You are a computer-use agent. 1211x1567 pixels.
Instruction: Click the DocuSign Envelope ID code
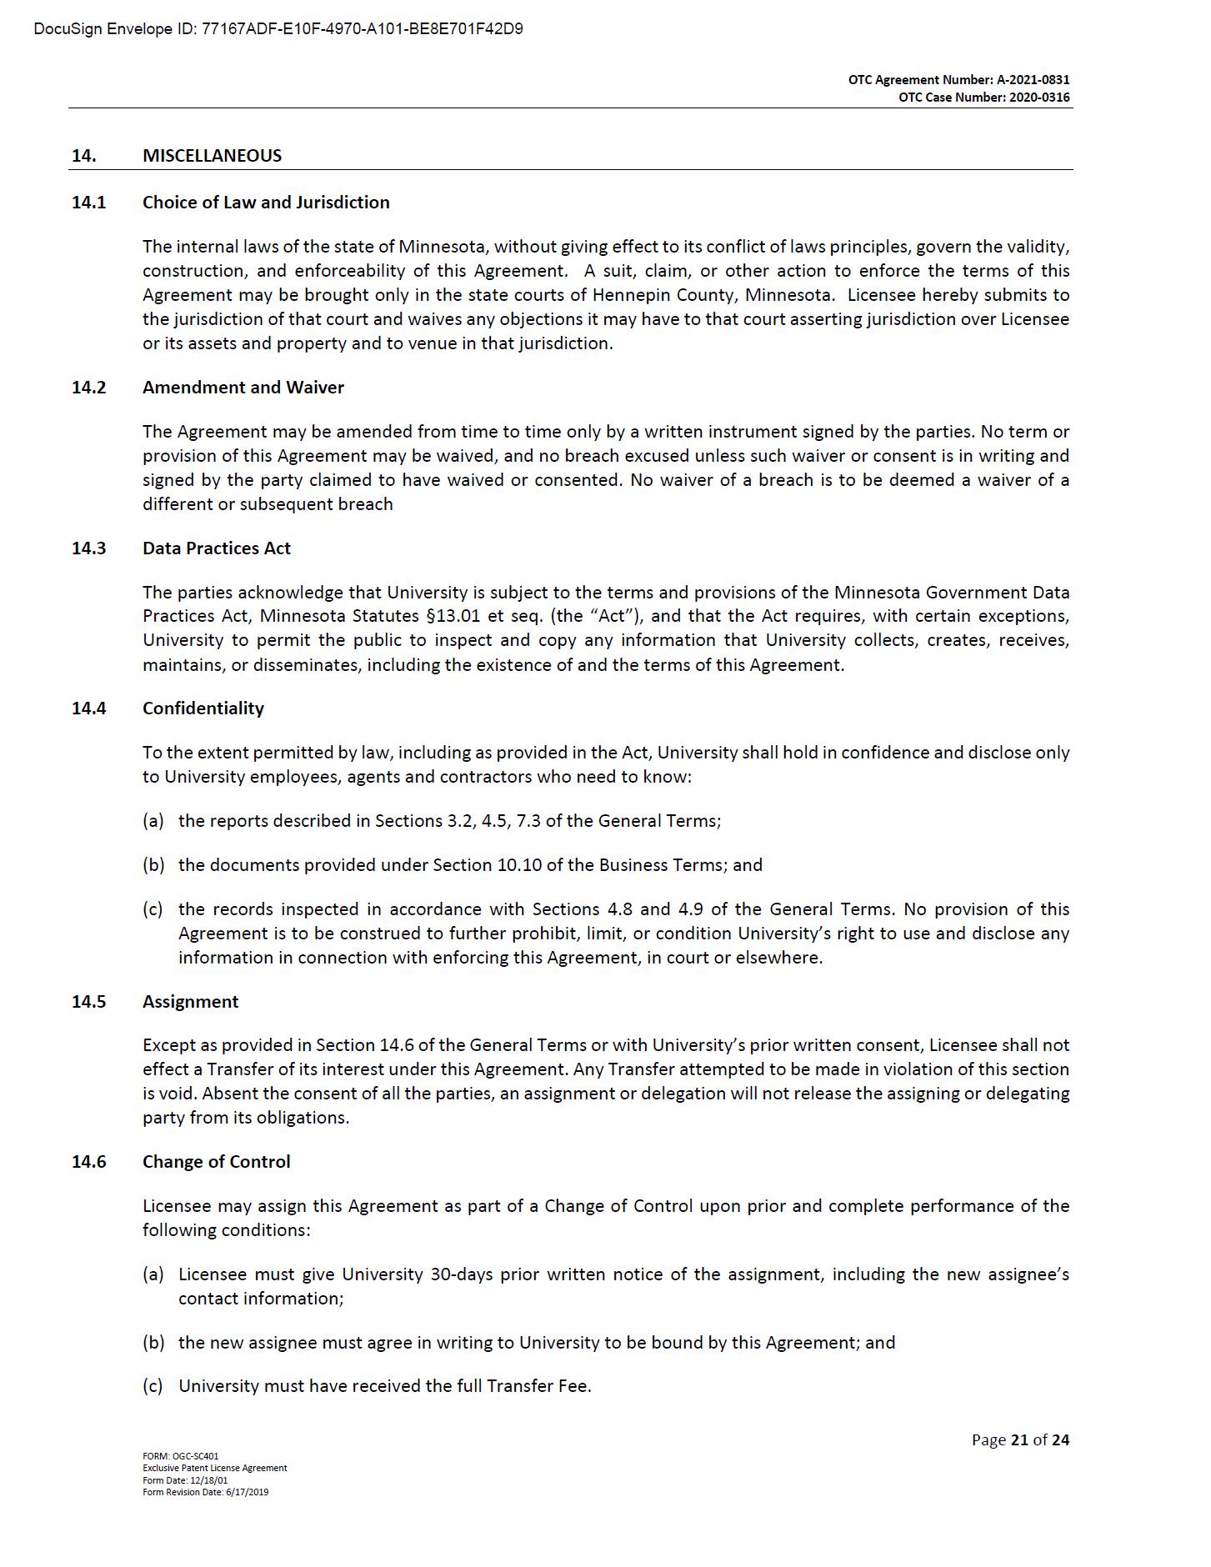click(x=363, y=30)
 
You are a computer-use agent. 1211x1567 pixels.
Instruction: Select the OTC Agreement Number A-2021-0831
click(x=1033, y=80)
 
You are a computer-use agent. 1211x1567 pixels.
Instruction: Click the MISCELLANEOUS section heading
click(x=212, y=156)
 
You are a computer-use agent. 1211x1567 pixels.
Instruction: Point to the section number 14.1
click(x=88, y=203)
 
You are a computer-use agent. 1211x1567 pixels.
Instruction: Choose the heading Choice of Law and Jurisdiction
click(x=266, y=203)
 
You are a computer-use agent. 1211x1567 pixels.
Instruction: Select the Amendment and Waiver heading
click(x=243, y=388)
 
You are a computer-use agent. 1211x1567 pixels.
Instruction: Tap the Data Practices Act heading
click(x=217, y=548)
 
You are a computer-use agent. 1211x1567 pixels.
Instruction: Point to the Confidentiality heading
click(x=203, y=708)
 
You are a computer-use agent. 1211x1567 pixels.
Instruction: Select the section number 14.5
click(x=88, y=1002)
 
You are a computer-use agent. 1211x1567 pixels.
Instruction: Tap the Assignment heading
click(x=190, y=1002)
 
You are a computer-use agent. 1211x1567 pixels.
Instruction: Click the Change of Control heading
click(x=217, y=1162)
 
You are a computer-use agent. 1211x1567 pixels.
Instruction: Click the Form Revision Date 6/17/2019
click(x=247, y=1492)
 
